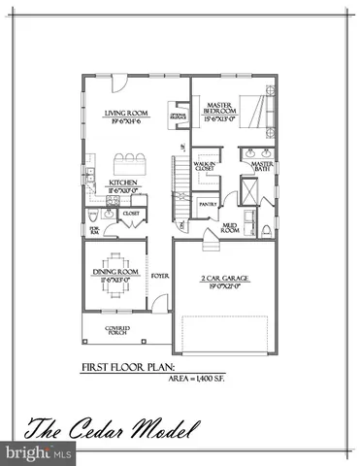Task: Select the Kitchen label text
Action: [123, 183]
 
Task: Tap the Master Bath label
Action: [262, 166]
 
